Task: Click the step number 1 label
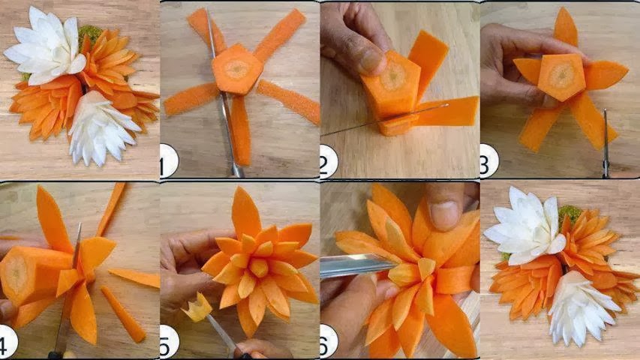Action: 169,161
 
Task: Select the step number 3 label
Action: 489,160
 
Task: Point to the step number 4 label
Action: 8,340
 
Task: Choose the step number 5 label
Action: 169,341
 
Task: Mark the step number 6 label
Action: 329,341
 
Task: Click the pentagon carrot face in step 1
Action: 237,69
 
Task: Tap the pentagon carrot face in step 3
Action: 563,76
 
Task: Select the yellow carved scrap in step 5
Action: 197,308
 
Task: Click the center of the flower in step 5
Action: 258,267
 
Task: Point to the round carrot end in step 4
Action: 17,274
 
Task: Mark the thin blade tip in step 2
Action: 448,105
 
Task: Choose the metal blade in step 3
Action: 606,142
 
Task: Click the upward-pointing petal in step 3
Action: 566,28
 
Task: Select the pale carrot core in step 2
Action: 392,76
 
